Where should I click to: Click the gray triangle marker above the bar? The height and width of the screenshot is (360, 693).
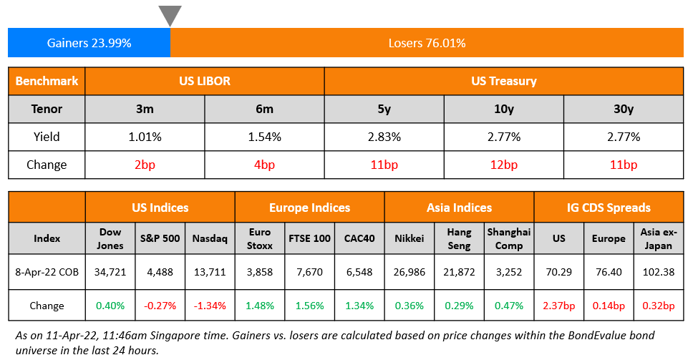click(170, 15)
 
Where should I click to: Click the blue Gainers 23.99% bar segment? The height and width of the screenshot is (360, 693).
click(89, 43)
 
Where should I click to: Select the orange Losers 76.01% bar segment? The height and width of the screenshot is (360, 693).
click(427, 43)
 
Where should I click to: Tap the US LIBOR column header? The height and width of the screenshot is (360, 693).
click(204, 81)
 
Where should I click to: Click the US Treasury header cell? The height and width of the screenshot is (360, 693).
click(503, 81)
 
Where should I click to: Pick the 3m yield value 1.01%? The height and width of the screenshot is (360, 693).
click(145, 137)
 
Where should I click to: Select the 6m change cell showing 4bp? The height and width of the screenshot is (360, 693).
click(264, 165)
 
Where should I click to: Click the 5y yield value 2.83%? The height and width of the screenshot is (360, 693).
click(384, 137)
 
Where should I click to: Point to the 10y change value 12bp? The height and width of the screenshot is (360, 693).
click(503, 165)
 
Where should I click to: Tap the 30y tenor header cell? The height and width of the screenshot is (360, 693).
click(623, 109)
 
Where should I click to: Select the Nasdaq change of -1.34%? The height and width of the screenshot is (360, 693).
click(210, 306)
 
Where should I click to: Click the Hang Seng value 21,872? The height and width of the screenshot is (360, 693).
click(458, 272)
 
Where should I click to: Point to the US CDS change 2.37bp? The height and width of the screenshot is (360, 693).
click(558, 306)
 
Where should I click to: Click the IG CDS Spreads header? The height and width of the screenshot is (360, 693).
click(609, 208)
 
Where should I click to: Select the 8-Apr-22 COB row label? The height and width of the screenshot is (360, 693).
click(47, 272)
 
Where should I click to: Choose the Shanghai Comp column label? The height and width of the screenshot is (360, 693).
click(509, 238)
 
